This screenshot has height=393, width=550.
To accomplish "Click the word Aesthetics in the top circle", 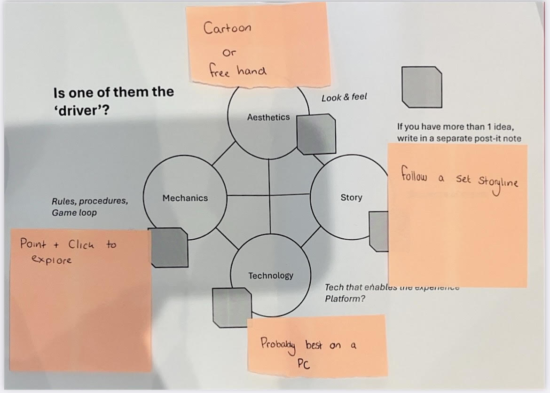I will click(x=268, y=118).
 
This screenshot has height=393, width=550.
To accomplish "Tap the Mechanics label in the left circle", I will click(x=185, y=198).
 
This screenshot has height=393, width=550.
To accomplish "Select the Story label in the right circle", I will click(x=351, y=197).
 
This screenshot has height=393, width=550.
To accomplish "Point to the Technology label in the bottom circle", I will click(x=270, y=275).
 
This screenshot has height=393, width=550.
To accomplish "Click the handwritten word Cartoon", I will click(x=228, y=28).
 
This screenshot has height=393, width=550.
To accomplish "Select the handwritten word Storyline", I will click(x=498, y=181).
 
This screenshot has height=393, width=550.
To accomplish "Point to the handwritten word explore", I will click(x=51, y=259).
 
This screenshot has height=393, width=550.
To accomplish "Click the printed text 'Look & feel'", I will click(x=344, y=98).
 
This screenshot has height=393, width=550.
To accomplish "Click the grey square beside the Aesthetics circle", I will click(x=317, y=135).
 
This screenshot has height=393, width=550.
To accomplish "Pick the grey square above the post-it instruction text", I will click(x=422, y=86).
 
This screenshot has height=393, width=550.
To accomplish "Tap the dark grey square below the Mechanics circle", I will click(x=168, y=247).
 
